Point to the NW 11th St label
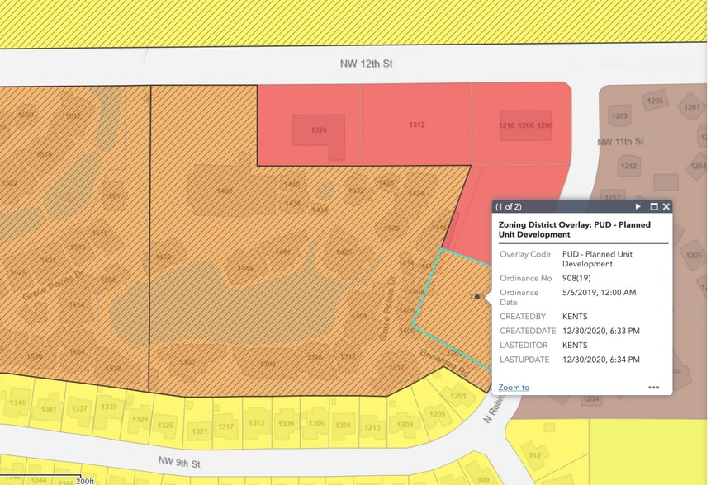[x=619, y=142]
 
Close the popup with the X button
[x=666, y=206]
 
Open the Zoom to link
[x=514, y=387]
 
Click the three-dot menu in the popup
[x=653, y=387]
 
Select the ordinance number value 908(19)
[x=581, y=278]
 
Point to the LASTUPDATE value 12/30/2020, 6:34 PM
[x=600, y=360]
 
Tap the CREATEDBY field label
[x=523, y=316]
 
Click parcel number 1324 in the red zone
[x=319, y=130]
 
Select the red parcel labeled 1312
[x=417, y=125]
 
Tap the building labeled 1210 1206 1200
[x=525, y=125]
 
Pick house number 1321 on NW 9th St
[x=199, y=431]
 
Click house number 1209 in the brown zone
[x=619, y=116]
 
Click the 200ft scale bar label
[x=86, y=480]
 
